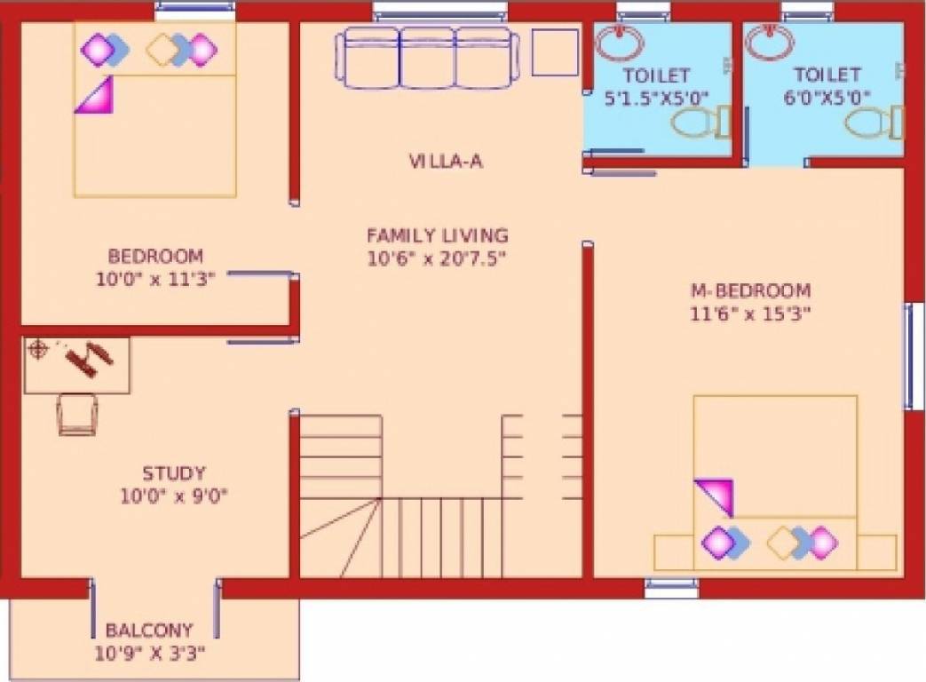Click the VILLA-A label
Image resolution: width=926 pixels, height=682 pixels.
[x=445, y=162]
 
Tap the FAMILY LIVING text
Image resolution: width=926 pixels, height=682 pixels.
[x=438, y=235]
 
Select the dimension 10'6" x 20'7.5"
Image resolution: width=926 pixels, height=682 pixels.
[x=438, y=258]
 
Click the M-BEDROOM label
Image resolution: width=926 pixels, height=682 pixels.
[x=750, y=290]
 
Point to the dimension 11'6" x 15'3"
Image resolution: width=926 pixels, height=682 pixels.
[x=751, y=313]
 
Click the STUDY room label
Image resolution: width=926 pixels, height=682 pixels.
[x=174, y=473]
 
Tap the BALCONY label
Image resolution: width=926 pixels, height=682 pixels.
[x=149, y=631]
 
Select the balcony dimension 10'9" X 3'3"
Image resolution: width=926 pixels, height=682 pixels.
[x=150, y=654]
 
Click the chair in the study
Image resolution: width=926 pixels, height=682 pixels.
[x=77, y=414]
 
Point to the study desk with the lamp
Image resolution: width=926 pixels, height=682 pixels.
[x=77, y=364]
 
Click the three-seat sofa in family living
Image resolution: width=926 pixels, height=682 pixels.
[x=425, y=58]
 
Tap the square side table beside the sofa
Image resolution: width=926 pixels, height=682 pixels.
[x=555, y=52]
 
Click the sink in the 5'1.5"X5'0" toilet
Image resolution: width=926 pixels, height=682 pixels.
[x=620, y=42]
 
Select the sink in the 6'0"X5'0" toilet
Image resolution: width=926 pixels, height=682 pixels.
[x=771, y=41]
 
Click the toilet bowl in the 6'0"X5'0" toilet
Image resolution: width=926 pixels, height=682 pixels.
[x=875, y=123]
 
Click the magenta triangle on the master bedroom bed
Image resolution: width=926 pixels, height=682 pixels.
[x=716, y=496]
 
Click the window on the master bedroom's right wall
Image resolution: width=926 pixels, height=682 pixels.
[x=914, y=355]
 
